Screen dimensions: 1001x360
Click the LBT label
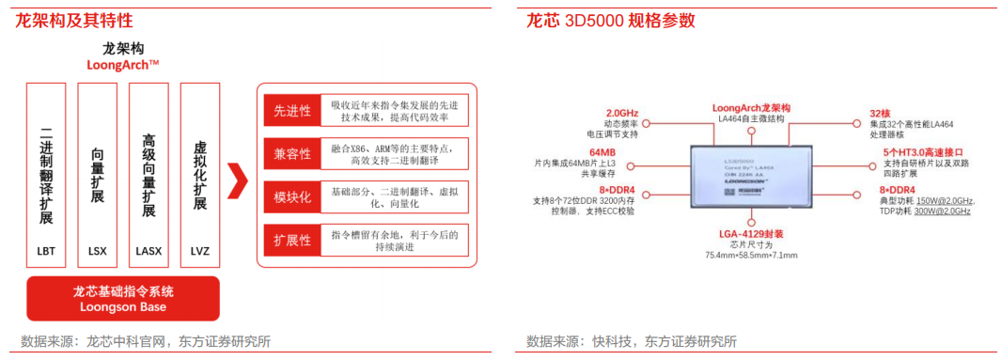[x=46, y=251]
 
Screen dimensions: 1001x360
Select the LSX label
[x=97, y=251]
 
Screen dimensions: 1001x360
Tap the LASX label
[x=148, y=251]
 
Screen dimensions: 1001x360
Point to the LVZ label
[x=199, y=251]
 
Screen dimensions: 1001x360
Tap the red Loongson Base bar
[x=123, y=299]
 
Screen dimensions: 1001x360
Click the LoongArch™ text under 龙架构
[x=123, y=65]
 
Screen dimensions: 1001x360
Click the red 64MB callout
[x=602, y=151]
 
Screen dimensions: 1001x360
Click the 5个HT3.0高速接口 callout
[x=922, y=151]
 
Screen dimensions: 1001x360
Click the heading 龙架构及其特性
[x=73, y=21]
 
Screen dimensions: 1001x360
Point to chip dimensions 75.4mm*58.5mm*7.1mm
[x=751, y=256]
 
